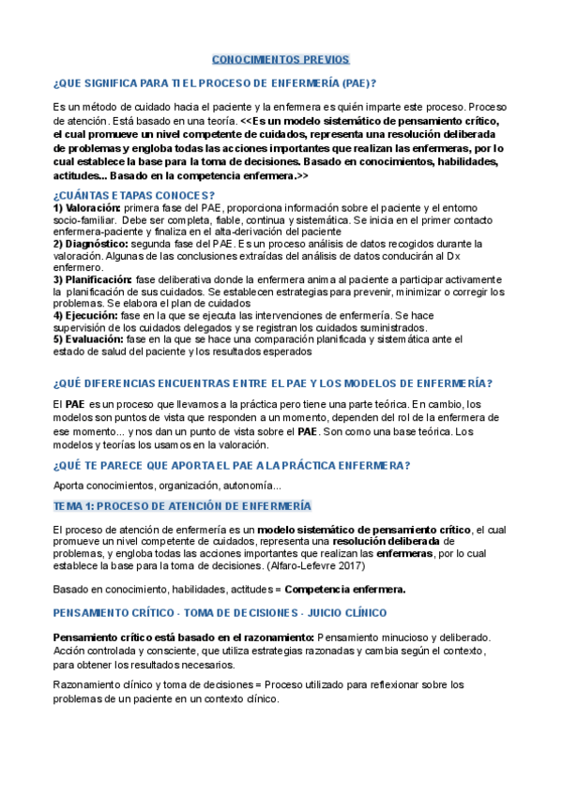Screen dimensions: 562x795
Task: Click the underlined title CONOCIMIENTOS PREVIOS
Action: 281,59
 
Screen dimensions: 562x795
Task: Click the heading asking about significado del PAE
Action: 215,82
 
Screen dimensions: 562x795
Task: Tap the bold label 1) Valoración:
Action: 87,207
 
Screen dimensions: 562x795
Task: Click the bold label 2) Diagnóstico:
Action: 90,244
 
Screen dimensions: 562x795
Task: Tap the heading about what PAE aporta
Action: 232,466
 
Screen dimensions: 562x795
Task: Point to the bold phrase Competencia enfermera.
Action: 345,590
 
